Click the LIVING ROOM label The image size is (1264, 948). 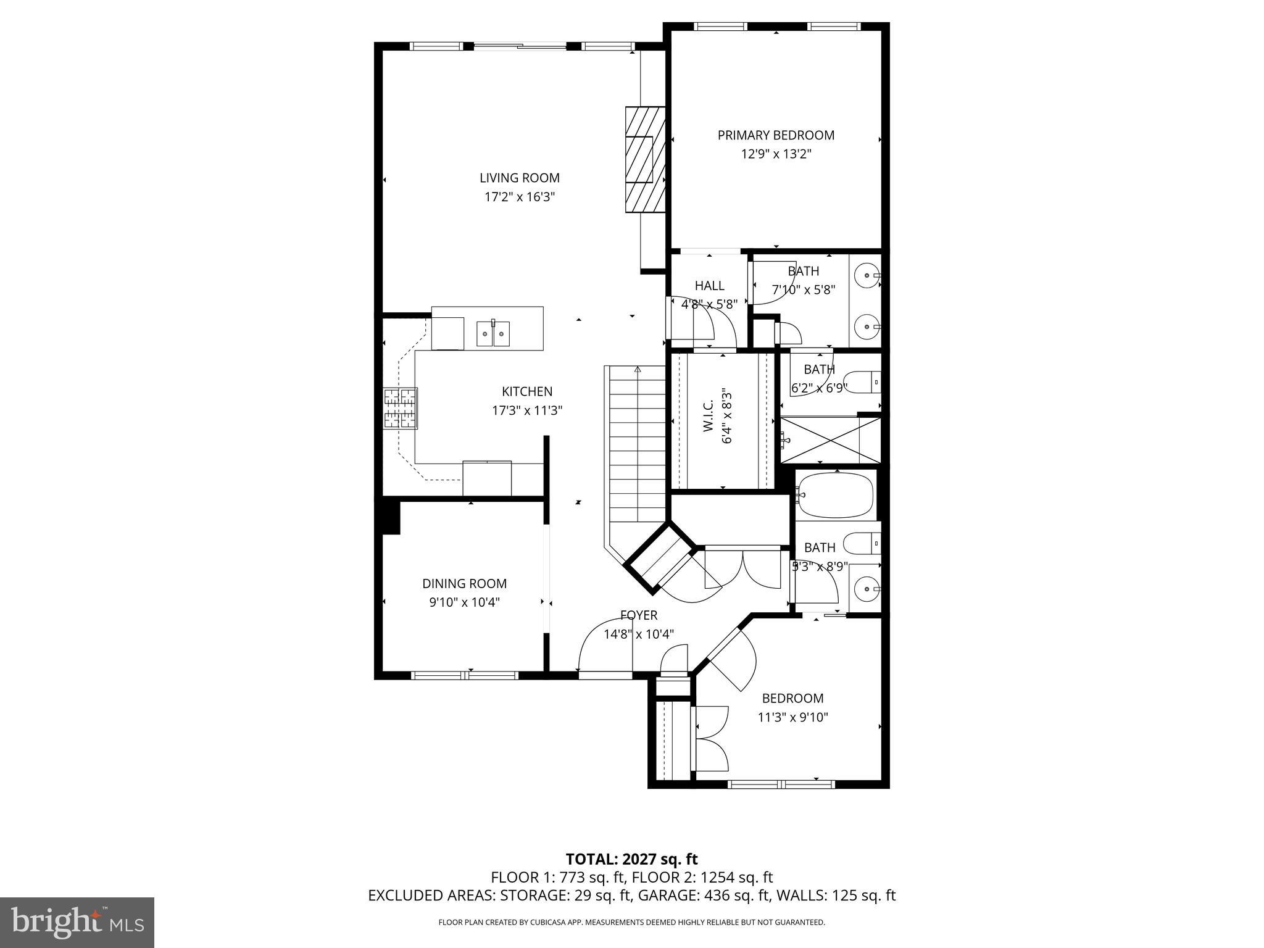520,178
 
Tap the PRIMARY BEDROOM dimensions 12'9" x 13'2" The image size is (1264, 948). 776,154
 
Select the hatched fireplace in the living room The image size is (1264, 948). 645,160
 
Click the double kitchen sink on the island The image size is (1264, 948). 493,334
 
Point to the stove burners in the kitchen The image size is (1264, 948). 401,408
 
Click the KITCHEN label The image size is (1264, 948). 526,391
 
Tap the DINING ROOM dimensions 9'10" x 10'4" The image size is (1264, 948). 464,602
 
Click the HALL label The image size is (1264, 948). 709,286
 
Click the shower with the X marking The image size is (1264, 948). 830,440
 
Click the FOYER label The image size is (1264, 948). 638,615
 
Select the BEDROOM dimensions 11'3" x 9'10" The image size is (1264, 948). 792,718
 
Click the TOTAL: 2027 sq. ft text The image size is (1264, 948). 631,859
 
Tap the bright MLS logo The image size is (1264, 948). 77,923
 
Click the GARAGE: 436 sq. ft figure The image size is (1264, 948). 704,896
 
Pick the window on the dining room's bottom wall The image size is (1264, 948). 465,676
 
